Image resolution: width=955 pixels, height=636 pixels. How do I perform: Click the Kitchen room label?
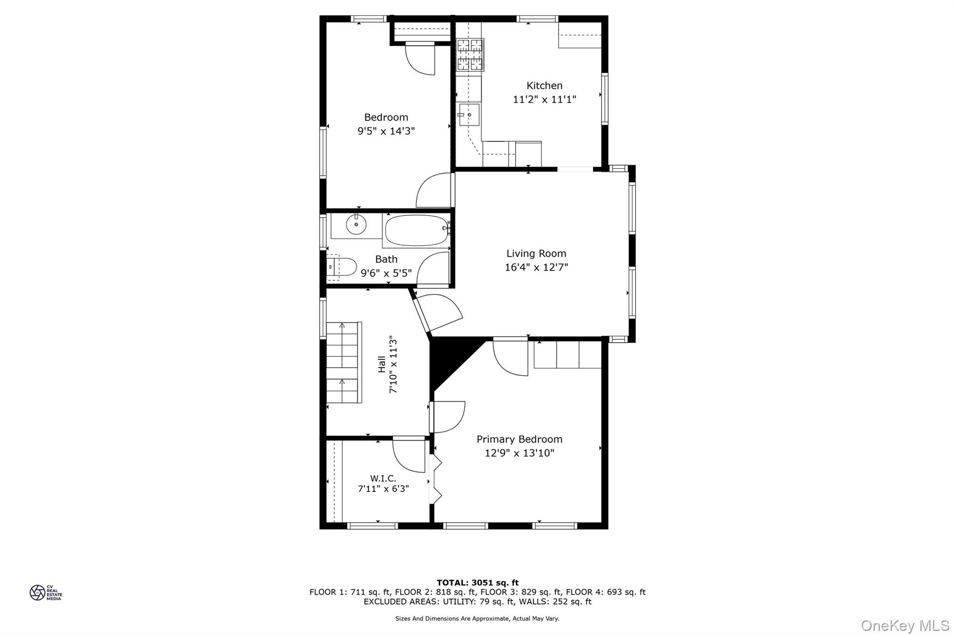click(544, 86)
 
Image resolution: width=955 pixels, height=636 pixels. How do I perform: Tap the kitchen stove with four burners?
click(470, 55)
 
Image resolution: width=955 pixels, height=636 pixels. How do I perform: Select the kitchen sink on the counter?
click(469, 115)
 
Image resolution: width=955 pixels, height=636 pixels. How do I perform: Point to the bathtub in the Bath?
click(416, 230)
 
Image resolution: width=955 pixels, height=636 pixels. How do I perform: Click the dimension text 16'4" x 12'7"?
click(536, 267)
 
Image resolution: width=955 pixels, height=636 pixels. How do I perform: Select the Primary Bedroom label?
click(519, 439)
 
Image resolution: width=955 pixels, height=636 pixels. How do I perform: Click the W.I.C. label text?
click(383, 479)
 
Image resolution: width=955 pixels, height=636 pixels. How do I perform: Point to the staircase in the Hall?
click(343, 362)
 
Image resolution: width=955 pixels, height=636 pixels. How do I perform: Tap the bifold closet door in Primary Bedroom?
click(436, 479)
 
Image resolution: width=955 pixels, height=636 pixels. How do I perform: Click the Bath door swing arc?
click(432, 268)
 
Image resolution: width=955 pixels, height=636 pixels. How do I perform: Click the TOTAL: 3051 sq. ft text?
click(477, 582)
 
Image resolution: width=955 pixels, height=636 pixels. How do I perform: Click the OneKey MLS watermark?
click(905, 625)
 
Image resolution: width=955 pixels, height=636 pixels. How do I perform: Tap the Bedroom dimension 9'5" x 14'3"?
click(386, 131)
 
